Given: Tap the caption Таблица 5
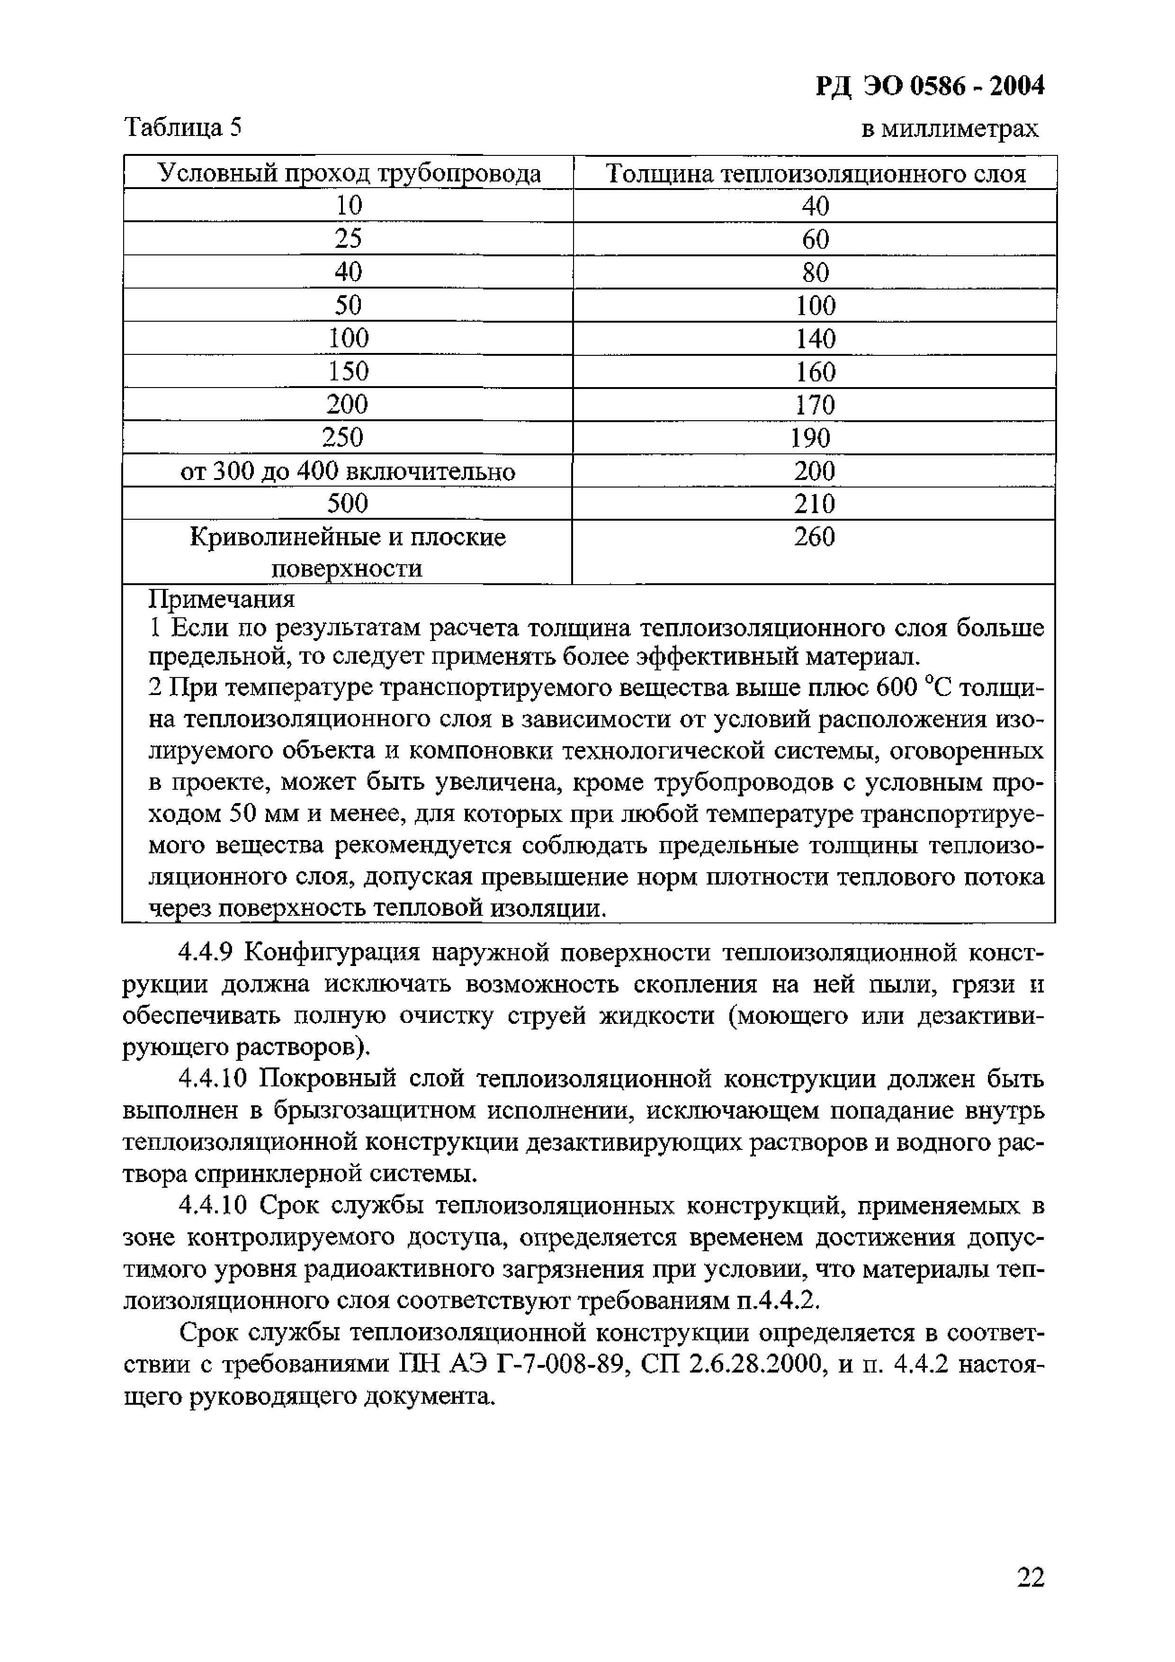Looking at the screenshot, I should point(183,127).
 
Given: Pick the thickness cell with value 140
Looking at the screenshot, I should point(816,338).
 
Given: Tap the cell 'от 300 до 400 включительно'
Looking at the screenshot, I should point(347,471).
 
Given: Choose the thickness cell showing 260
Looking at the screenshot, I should point(814,536).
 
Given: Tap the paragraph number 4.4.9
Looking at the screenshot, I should point(205,953).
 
